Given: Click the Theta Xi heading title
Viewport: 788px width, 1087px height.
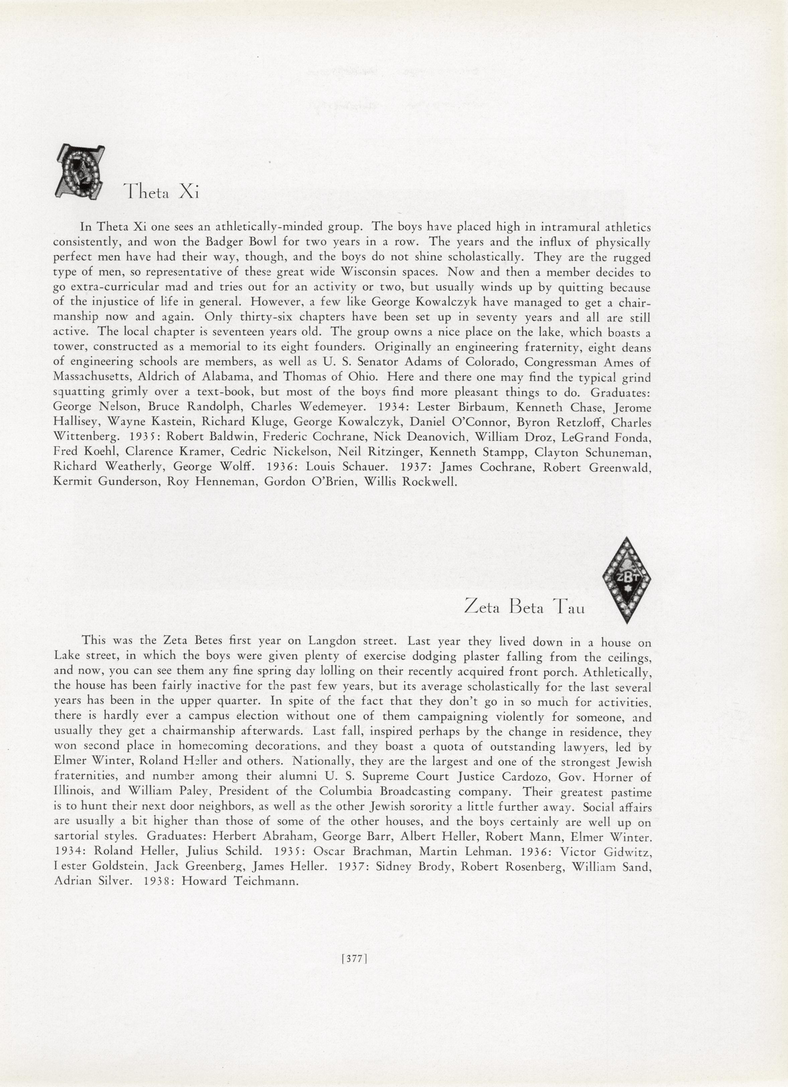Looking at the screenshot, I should tap(161, 192).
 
